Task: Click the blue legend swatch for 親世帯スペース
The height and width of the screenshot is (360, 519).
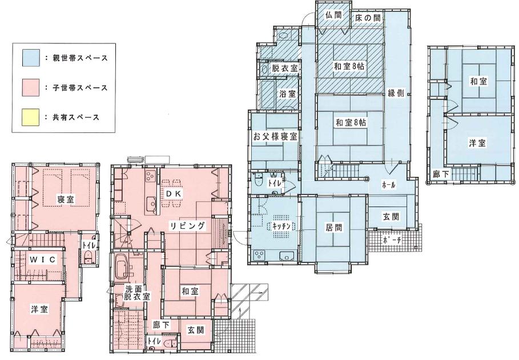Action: [x=31, y=58]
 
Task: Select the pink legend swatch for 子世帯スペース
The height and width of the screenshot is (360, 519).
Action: [x=31, y=87]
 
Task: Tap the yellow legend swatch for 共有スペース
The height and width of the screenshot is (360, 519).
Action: [x=31, y=117]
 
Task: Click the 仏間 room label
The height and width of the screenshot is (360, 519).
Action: [x=333, y=15]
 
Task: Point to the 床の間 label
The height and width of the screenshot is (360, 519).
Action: [x=368, y=18]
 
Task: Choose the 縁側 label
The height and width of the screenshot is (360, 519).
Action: [x=396, y=93]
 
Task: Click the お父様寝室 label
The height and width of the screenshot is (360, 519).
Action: [x=275, y=136]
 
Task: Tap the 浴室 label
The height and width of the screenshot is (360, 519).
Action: [x=287, y=94]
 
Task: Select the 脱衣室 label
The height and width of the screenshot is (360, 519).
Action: [x=285, y=68]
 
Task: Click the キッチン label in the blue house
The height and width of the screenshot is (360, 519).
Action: [x=281, y=226]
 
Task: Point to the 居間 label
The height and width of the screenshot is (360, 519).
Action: [x=334, y=227]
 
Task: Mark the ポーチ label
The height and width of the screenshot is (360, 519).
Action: [x=392, y=240]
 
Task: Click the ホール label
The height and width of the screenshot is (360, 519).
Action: [x=389, y=185]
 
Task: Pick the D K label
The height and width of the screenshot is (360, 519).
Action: [x=173, y=194]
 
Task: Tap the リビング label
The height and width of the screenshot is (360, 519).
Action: [x=188, y=226]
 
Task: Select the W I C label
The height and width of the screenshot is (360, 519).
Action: [x=43, y=259]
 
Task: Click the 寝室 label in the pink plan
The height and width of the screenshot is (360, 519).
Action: [x=66, y=199]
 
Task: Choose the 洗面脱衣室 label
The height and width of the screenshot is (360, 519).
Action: [x=137, y=293]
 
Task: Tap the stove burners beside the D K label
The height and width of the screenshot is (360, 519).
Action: [x=150, y=175]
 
